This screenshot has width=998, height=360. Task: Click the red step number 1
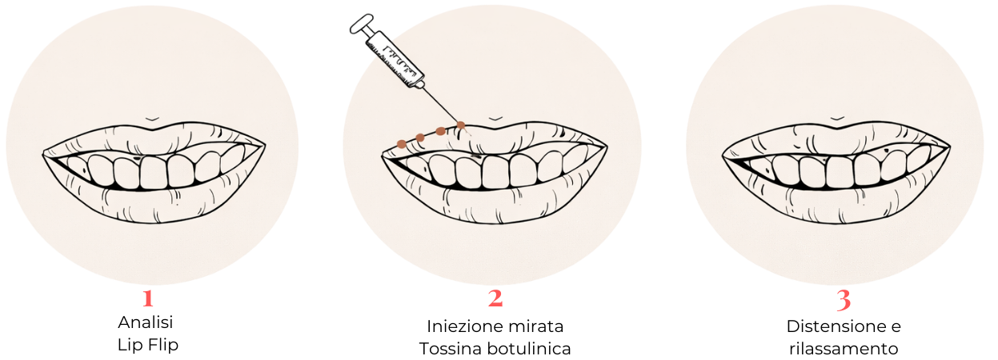click(148, 299)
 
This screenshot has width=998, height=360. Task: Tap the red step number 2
click(495, 298)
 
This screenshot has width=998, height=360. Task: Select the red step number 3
click(844, 300)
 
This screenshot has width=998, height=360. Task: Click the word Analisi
click(145, 322)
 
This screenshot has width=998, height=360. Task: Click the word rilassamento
click(844, 349)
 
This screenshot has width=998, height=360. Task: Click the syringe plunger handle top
click(361, 24)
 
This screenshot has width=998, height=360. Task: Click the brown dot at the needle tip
click(461, 125)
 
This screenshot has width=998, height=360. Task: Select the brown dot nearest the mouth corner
click(402, 144)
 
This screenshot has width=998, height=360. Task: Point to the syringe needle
click(440, 104)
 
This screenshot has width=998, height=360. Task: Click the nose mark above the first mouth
click(152, 119)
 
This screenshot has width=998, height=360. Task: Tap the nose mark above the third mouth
click(838, 119)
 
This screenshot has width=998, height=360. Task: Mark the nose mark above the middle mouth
click(495, 119)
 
